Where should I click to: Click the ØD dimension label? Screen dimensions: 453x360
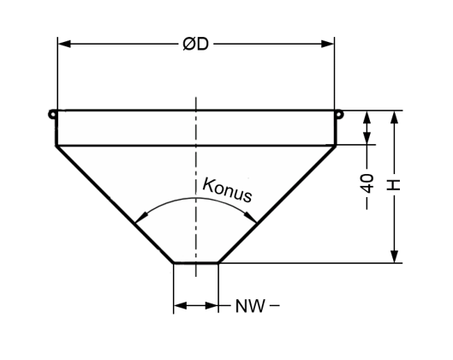(195, 45)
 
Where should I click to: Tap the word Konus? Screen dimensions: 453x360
(227, 190)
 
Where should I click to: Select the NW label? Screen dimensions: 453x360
(250, 306)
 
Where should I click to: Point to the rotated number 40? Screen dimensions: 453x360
(367, 183)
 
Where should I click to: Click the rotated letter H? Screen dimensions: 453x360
(394, 185)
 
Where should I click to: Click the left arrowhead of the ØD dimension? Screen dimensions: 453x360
(64, 44)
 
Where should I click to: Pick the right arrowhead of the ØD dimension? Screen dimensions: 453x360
(328, 44)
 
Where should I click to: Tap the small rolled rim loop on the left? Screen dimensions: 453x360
(52, 114)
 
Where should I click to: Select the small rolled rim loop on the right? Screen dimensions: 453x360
(339, 114)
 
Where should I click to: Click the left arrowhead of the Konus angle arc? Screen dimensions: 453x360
(141, 218)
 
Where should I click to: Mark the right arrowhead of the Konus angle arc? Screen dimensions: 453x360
(251, 218)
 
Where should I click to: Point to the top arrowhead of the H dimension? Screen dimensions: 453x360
(395, 117)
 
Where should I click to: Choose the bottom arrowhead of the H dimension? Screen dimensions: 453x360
(395, 256)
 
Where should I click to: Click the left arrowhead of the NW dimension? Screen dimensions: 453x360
(181, 305)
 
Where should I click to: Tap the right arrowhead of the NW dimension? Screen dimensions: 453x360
(212, 305)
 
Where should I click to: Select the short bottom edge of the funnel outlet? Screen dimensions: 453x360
(196, 263)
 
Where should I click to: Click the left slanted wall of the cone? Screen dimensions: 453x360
(115, 204)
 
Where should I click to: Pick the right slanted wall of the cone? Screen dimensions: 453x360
(277, 204)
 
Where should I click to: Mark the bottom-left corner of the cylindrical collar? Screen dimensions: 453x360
(57, 146)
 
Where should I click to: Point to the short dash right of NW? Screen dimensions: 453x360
(276, 305)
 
